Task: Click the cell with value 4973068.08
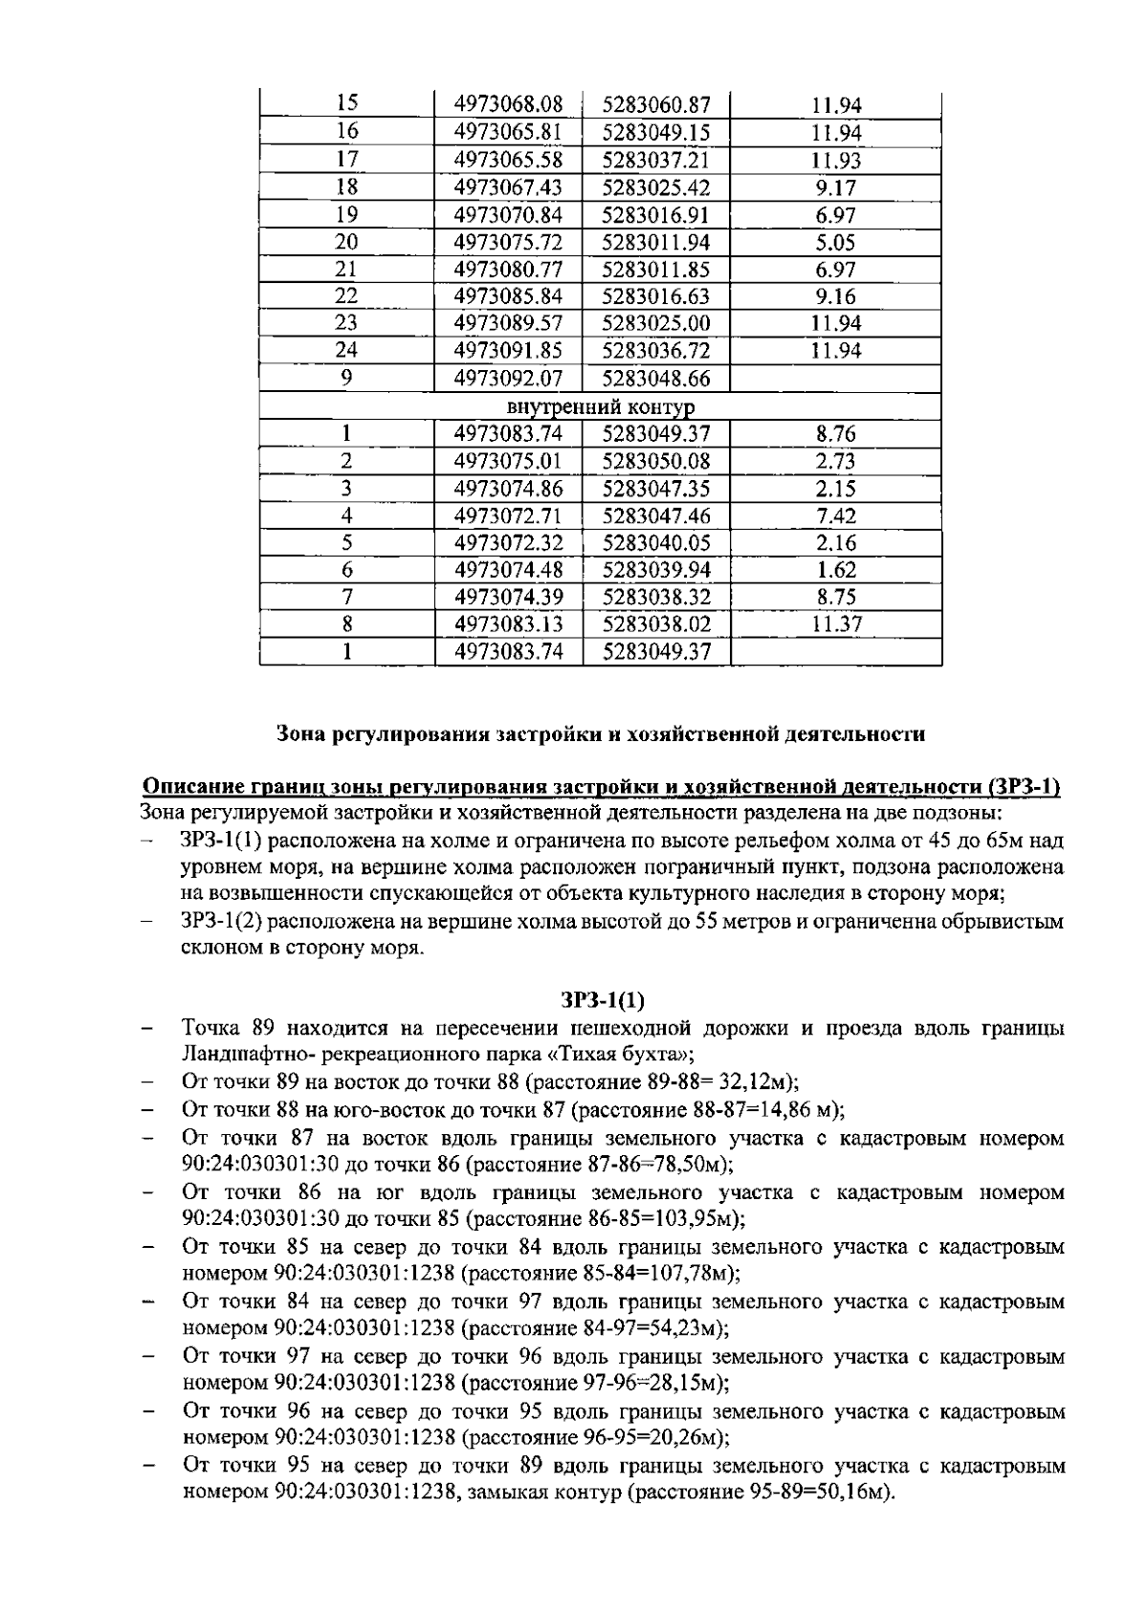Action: click(508, 104)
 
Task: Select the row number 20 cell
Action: click(347, 242)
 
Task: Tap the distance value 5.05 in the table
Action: click(835, 243)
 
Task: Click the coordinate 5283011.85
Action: click(656, 270)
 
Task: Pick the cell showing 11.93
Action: click(835, 161)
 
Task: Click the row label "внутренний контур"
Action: click(601, 407)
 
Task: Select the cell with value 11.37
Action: click(835, 625)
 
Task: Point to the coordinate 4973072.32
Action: click(508, 543)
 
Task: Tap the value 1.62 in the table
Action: click(835, 571)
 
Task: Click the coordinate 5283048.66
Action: click(656, 379)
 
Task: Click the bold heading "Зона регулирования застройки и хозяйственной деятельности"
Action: click(601, 734)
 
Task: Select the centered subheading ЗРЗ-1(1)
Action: click(602, 1001)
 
